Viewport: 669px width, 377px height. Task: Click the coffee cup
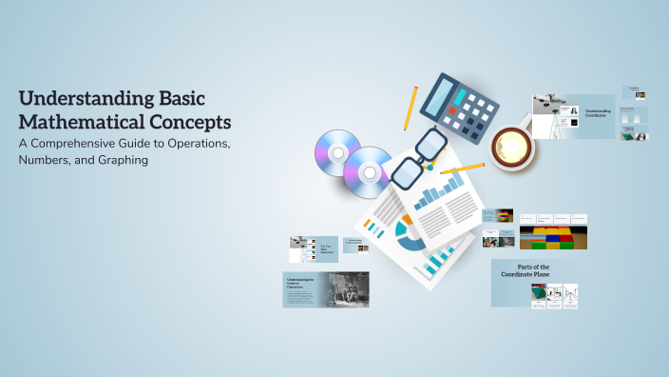coord(512,144)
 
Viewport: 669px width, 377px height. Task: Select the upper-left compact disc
coord(337,150)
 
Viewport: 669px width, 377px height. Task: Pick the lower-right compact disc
coord(370,171)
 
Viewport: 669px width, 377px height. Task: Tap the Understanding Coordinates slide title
coord(598,113)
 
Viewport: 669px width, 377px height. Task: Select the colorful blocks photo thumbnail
coord(552,237)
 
